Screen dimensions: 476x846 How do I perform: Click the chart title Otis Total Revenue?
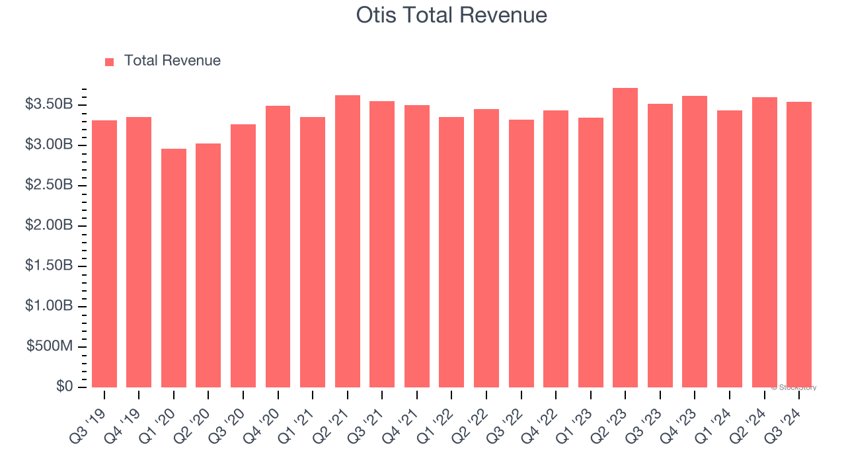point(452,15)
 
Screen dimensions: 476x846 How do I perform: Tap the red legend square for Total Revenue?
point(110,61)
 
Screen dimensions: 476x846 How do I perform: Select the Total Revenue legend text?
point(172,61)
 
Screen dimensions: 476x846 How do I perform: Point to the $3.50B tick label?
point(49,104)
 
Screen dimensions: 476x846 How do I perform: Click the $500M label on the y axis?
point(50,346)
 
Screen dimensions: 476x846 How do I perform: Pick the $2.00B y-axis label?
point(49,225)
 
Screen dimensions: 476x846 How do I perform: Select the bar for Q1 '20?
point(174,268)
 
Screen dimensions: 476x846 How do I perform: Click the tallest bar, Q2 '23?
point(625,238)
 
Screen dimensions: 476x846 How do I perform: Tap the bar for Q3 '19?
point(104,254)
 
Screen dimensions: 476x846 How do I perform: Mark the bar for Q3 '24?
point(799,245)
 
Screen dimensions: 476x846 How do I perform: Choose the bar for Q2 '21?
point(348,241)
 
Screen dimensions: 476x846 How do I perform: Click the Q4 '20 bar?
point(278,247)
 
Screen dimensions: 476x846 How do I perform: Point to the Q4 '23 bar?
point(695,241)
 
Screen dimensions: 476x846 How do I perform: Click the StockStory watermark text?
point(794,387)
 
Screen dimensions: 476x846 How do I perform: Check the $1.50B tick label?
point(49,266)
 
